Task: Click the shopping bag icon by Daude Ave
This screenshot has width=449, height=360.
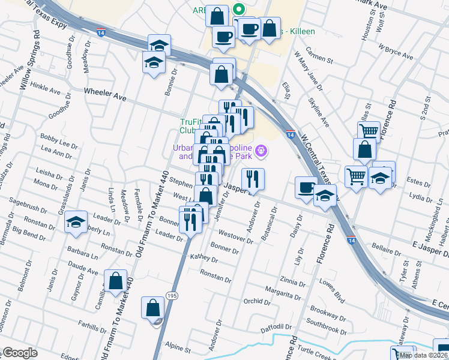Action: point(115,280)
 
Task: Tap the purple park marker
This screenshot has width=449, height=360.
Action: point(260,151)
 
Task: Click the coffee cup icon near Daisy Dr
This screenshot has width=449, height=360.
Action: point(306,187)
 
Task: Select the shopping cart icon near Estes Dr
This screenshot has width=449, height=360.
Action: point(356,176)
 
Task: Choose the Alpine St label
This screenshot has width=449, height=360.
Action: point(178,349)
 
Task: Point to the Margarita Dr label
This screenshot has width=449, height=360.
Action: point(284,296)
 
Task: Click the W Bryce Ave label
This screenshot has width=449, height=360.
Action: point(396,51)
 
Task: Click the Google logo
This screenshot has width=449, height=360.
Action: point(20,353)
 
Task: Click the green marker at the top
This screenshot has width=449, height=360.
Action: point(238,9)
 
